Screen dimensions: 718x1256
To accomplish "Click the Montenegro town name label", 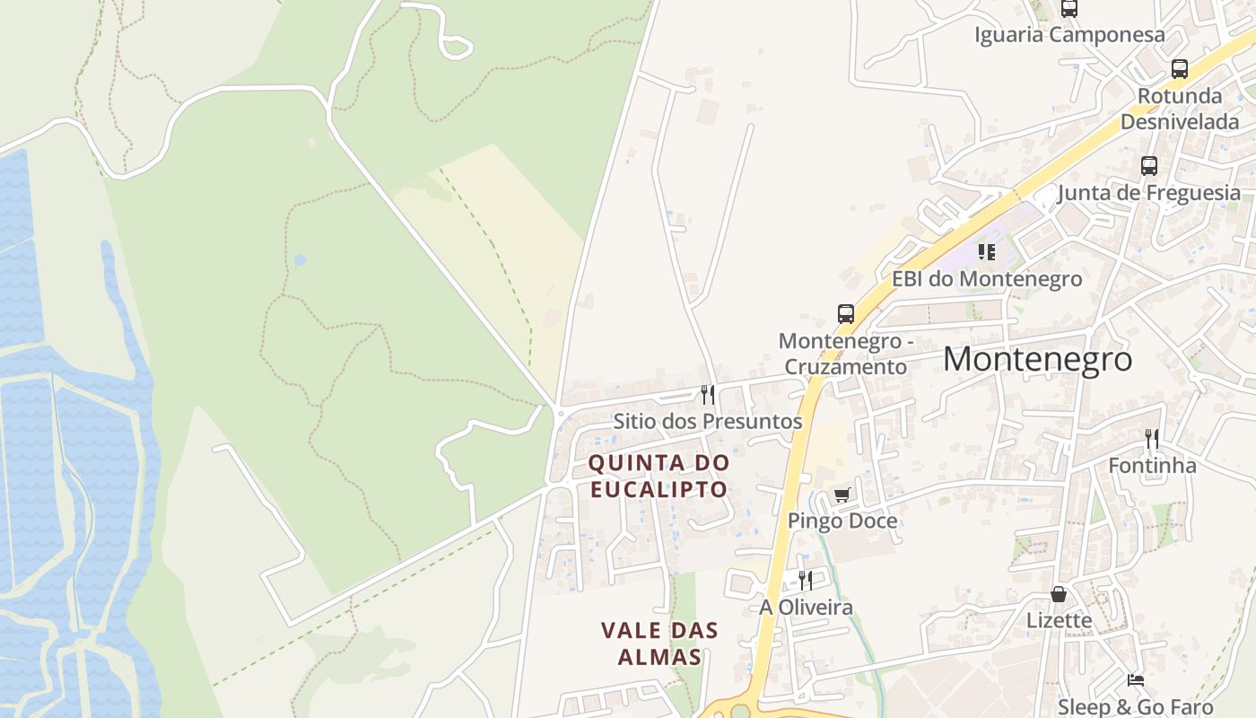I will coord(1037,359).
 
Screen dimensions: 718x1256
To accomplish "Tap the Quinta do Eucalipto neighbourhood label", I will coord(659,477).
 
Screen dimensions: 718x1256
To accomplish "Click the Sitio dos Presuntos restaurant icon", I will coord(708,394).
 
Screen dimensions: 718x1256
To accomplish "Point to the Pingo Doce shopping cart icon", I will coord(842,495).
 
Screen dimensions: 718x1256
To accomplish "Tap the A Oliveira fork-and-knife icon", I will coord(806,581).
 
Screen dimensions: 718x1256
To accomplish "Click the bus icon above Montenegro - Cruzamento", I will coord(846,314).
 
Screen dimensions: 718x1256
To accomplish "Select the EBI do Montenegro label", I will coord(987,279).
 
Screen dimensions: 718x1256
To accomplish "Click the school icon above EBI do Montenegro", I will coord(987,252).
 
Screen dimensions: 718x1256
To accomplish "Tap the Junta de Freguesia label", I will coord(1148,193).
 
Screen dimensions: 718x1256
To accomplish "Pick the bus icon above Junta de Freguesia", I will coord(1149,166).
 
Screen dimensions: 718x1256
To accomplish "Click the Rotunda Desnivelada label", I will coord(1180,109).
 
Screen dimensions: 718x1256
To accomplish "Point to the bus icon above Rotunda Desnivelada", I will coord(1180,69).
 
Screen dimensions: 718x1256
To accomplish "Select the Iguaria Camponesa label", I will coord(1069,35).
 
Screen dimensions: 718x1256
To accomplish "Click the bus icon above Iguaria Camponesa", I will coord(1069,9).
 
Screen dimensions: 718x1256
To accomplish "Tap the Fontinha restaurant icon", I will coord(1152,439).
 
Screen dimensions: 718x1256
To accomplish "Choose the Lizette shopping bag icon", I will coord(1060,594).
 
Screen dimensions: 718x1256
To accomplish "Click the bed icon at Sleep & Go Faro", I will coord(1136,680).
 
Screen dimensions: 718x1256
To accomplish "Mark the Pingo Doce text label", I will coord(842,521).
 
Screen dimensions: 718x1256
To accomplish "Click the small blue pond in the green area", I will coord(300,260).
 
